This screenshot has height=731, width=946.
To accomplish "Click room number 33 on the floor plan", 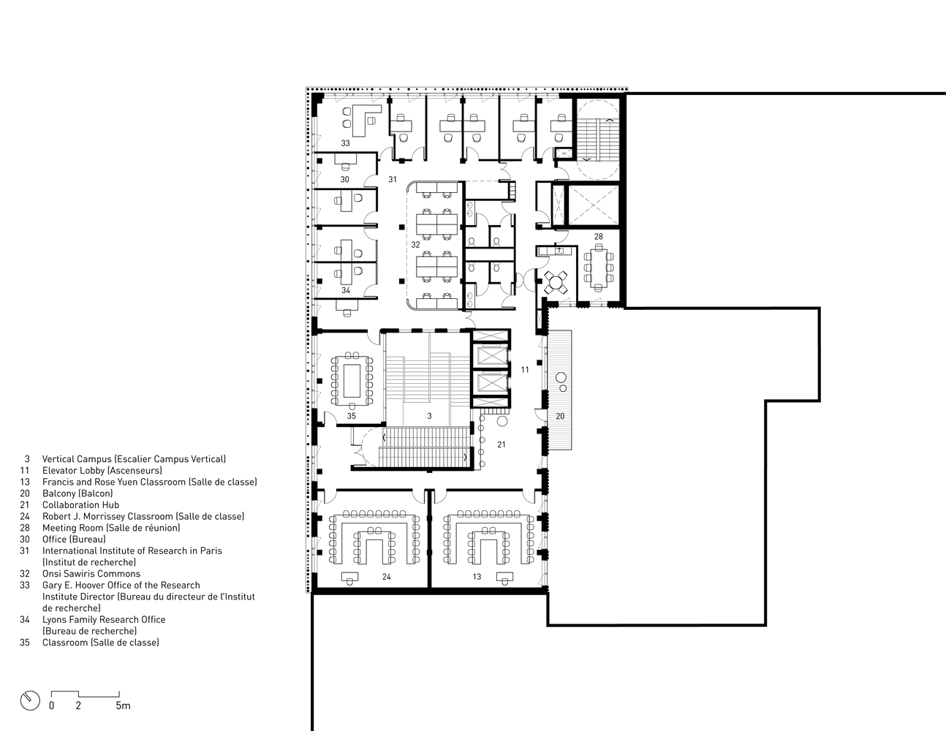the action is [x=345, y=143].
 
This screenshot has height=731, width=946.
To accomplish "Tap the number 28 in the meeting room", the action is [x=599, y=237].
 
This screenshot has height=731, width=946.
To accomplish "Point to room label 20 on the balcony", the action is [x=560, y=417].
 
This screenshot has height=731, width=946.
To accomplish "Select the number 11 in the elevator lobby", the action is [x=525, y=370].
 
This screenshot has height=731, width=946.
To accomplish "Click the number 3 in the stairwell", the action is [x=429, y=417].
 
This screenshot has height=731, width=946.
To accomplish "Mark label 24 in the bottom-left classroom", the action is [x=387, y=577].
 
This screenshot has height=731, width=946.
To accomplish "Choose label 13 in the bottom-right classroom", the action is [x=477, y=577].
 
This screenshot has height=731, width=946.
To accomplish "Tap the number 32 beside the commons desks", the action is [x=416, y=245].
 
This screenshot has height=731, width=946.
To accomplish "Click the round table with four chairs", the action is [x=556, y=282].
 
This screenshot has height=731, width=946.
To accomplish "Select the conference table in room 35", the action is [x=352, y=381].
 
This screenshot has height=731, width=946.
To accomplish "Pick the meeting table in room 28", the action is [x=599, y=267].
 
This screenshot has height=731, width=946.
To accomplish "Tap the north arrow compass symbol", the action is [x=30, y=701].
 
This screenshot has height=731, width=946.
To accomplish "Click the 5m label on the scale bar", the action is [x=124, y=705].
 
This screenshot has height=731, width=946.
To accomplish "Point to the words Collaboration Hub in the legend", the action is [x=80, y=505].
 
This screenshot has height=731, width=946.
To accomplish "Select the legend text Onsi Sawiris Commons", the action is [x=91, y=574].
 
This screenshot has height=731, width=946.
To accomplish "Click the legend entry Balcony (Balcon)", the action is [x=77, y=493].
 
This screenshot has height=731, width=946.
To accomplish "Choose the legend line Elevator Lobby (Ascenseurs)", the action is [x=102, y=470].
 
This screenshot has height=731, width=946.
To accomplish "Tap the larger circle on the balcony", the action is [x=561, y=378].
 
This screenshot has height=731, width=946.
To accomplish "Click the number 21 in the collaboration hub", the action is [x=502, y=444].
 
